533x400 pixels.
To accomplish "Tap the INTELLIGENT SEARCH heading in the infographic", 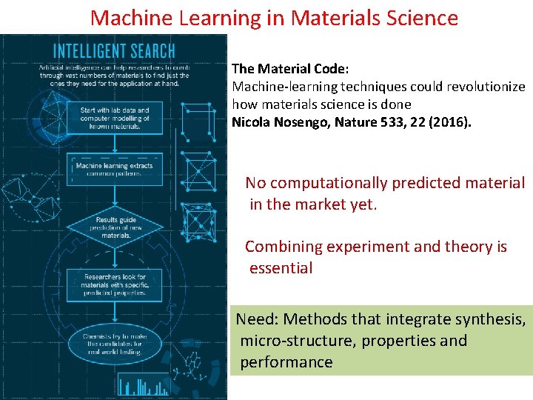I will (114, 51).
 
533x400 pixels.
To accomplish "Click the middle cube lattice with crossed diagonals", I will (199, 173).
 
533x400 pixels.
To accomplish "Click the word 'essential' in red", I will (281, 268).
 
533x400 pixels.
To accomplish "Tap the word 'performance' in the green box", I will (286, 362).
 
